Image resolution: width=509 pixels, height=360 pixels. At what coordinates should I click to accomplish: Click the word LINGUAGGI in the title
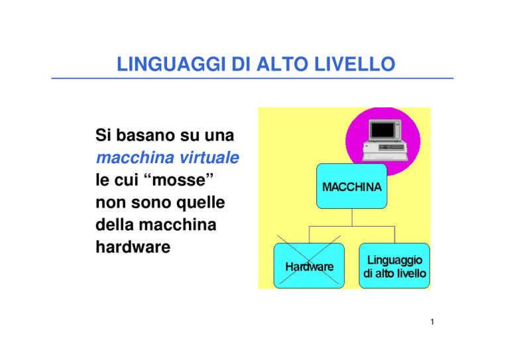171,64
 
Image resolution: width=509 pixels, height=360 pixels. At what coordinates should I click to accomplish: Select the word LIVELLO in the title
355,64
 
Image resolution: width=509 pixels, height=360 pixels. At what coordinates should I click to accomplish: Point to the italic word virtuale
209,157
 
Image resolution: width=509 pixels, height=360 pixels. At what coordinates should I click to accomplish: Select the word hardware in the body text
133,247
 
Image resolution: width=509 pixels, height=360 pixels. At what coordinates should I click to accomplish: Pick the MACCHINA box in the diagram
351,186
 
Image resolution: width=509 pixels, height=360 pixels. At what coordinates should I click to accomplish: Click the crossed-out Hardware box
309,266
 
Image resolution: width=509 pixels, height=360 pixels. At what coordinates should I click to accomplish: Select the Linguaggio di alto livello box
394,266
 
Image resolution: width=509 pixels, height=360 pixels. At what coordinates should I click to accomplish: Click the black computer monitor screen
382,130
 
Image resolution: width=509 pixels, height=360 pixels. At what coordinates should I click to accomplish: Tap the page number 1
432,322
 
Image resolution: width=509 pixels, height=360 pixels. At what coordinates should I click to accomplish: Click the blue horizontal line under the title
253,78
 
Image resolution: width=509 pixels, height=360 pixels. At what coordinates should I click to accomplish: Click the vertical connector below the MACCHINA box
352,217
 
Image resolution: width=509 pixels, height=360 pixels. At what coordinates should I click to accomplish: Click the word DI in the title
241,64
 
